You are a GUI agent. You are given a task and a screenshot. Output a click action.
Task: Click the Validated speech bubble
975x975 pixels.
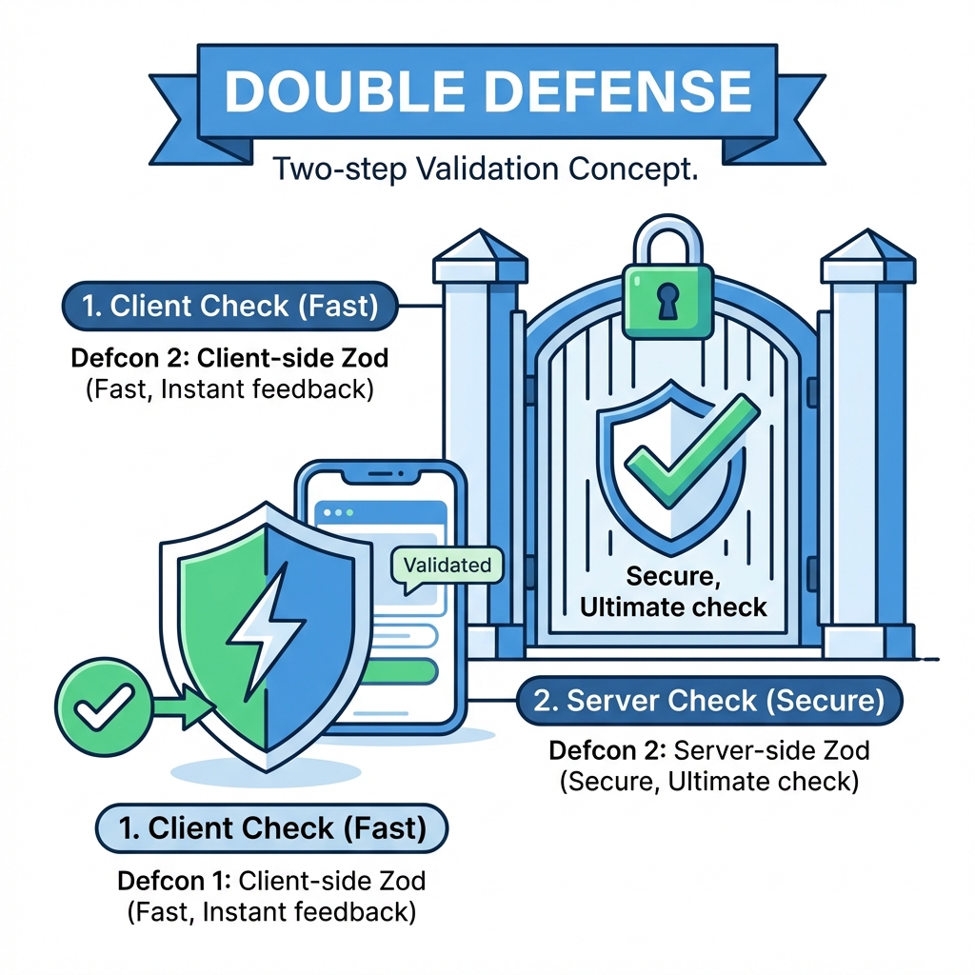click(x=447, y=566)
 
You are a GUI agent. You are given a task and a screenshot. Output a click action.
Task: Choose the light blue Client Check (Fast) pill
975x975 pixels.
click(x=271, y=827)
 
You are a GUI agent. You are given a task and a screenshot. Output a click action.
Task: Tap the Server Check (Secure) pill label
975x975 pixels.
click(x=708, y=702)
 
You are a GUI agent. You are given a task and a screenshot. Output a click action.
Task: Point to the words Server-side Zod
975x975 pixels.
click(x=771, y=750)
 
